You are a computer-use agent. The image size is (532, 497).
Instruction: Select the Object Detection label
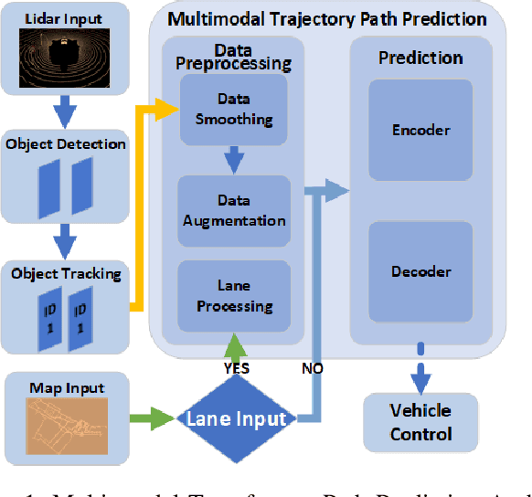click(66, 143)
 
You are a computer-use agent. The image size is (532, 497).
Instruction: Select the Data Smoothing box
click(233, 110)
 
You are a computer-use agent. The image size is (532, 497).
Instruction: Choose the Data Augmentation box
click(234, 211)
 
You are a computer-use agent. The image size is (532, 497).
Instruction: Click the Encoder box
click(420, 130)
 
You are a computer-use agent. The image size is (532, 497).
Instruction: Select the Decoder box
click(420, 271)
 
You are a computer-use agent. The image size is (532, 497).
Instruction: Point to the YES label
click(237, 369)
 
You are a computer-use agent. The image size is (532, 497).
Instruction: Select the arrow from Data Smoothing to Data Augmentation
click(234, 160)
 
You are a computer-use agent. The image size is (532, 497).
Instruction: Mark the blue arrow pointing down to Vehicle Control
click(420, 370)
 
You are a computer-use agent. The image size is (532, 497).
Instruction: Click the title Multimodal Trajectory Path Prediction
click(326, 18)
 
